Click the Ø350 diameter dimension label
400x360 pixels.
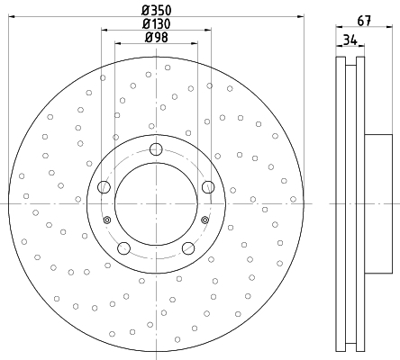pos(156,11)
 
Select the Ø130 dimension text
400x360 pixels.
pos(156,23)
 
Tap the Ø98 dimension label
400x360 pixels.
pos(156,37)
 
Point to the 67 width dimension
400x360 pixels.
pos(364,21)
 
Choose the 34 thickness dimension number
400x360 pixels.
pos(350,40)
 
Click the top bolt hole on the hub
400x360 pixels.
pos(156,149)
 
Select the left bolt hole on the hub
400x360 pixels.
pos(104,187)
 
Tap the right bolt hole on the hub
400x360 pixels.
pos(208,187)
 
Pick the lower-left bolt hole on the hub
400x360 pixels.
pos(123,248)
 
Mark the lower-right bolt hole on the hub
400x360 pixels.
pos(188,248)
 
